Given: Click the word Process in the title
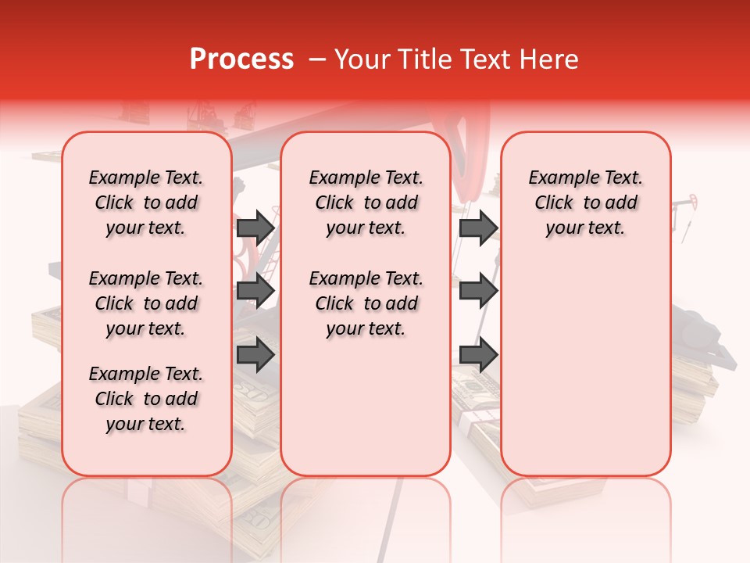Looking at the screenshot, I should pyautogui.click(x=241, y=59).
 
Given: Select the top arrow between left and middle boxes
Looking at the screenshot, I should pyautogui.click(x=255, y=228).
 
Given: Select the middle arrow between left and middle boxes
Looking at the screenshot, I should pyautogui.click(x=255, y=292).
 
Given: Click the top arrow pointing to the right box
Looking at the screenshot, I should pyautogui.click(x=478, y=228).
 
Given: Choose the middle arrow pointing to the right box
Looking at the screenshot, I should pyautogui.click(x=478, y=292).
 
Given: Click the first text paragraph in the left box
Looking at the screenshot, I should pyautogui.click(x=146, y=203).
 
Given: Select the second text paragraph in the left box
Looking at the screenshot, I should pyautogui.click(x=146, y=303).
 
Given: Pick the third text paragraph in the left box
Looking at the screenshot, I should pyautogui.click(x=146, y=399).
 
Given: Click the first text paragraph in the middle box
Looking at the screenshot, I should pyautogui.click(x=366, y=203).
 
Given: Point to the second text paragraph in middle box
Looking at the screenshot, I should pyautogui.click(x=366, y=303).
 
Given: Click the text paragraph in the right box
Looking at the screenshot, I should pyautogui.click(x=585, y=203).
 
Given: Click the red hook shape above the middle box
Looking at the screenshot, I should pyautogui.click(x=468, y=149).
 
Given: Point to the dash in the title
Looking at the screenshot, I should pyautogui.click(x=317, y=59).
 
